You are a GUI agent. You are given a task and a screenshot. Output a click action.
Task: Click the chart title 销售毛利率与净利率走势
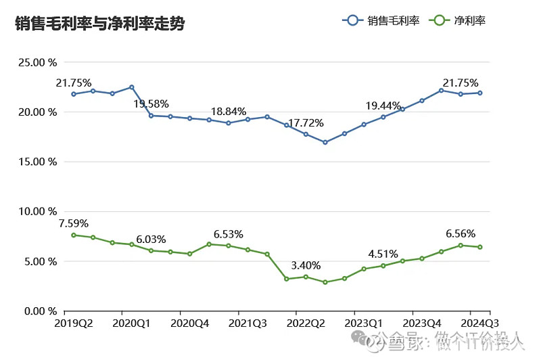click(100, 24)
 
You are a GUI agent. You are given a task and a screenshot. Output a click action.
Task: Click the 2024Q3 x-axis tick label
click(480, 323)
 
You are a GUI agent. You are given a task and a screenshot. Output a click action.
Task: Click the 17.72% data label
click(306, 123)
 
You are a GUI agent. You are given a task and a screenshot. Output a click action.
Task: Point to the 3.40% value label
click(306, 265)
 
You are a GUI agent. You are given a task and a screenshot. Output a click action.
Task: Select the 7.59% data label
click(73, 223)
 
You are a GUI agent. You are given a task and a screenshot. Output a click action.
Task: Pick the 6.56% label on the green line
click(461, 234)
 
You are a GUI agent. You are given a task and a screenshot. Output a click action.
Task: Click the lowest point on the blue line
click(325, 142)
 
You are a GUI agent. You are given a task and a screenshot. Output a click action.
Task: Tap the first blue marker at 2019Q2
click(73, 94)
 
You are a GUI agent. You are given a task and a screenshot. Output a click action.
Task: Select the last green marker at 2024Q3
click(480, 247)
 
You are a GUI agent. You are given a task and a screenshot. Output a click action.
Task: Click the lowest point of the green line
click(325, 282)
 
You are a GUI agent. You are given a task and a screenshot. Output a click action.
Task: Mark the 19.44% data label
click(383, 106)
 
